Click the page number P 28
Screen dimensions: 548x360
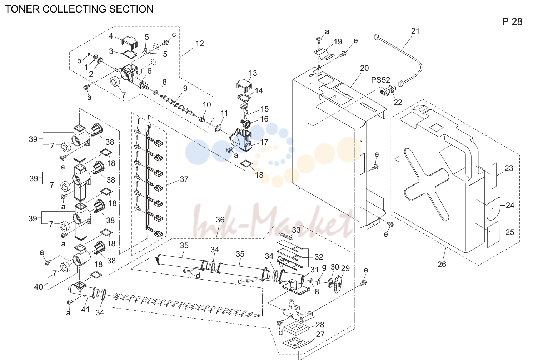(512, 22)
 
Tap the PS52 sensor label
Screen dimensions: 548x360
(380, 80)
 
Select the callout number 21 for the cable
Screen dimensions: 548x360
(415, 31)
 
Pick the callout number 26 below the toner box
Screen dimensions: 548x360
(442, 264)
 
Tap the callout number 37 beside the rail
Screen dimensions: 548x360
(184, 179)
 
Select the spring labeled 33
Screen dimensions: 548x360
(286, 236)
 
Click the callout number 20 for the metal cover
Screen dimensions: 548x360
(364, 68)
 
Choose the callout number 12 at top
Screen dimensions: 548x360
(200, 43)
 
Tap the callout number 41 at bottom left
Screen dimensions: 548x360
(85, 309)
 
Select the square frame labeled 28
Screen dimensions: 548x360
(296, 329)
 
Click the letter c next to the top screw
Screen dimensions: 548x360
(174, 35)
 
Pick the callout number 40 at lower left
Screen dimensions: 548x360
(39, 286)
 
